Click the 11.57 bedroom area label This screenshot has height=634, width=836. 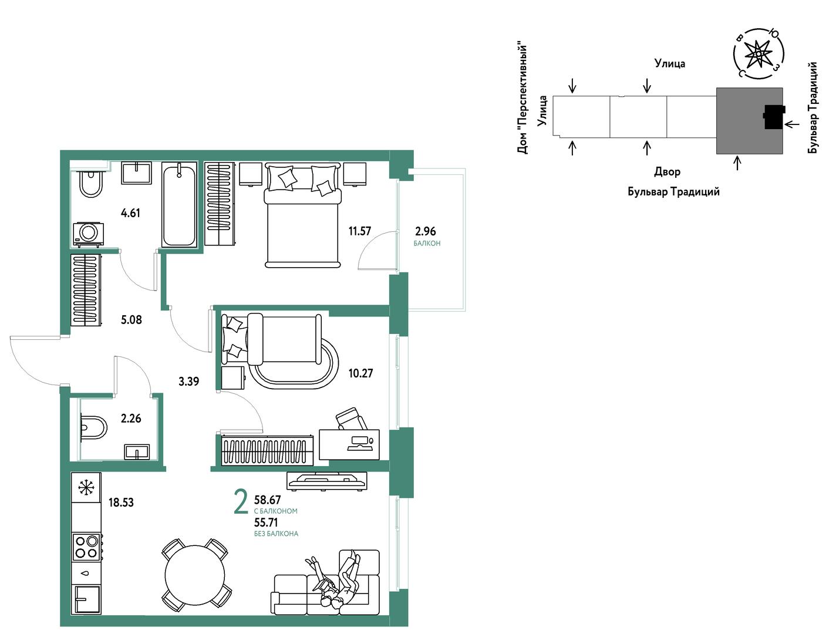359,231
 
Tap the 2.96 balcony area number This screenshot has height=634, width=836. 426,231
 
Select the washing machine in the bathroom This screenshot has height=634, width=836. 89,234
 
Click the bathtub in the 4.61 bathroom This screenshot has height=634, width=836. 179,204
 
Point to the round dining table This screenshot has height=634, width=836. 195,575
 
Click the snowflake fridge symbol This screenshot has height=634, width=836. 86,487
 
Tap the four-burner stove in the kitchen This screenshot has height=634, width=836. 87,547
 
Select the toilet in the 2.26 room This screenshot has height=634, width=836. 93,427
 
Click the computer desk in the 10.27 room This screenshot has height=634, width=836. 349,444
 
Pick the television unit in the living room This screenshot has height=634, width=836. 327,481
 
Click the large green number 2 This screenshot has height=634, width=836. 241,503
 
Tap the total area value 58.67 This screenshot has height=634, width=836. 267,500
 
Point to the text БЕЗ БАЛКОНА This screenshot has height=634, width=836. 276,534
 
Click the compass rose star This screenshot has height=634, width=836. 758,53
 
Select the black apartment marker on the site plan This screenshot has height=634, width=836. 774,117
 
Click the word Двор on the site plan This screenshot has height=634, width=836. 668,172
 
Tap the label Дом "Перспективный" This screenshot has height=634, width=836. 522,99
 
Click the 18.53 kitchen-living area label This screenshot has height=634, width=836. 121,503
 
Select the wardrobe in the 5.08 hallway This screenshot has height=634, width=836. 86,290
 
